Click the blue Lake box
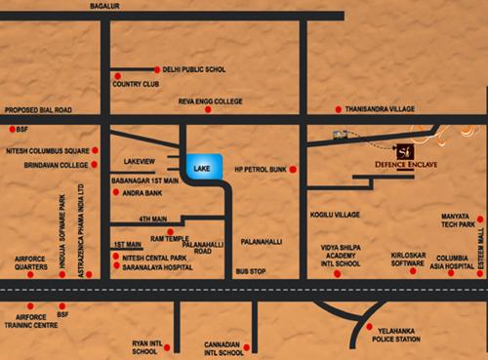(x=204, y=167)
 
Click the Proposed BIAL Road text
(x=41, y=109)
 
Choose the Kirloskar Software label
(x=392, y=257)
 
